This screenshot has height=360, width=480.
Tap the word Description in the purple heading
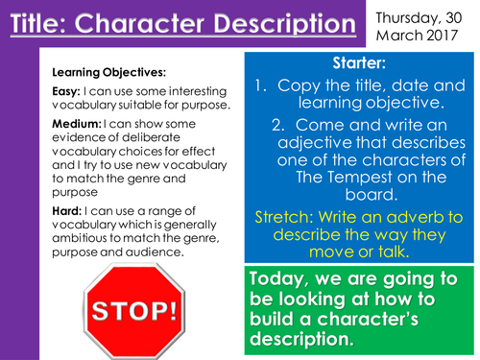pyautogui.click(x=287, y=23)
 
